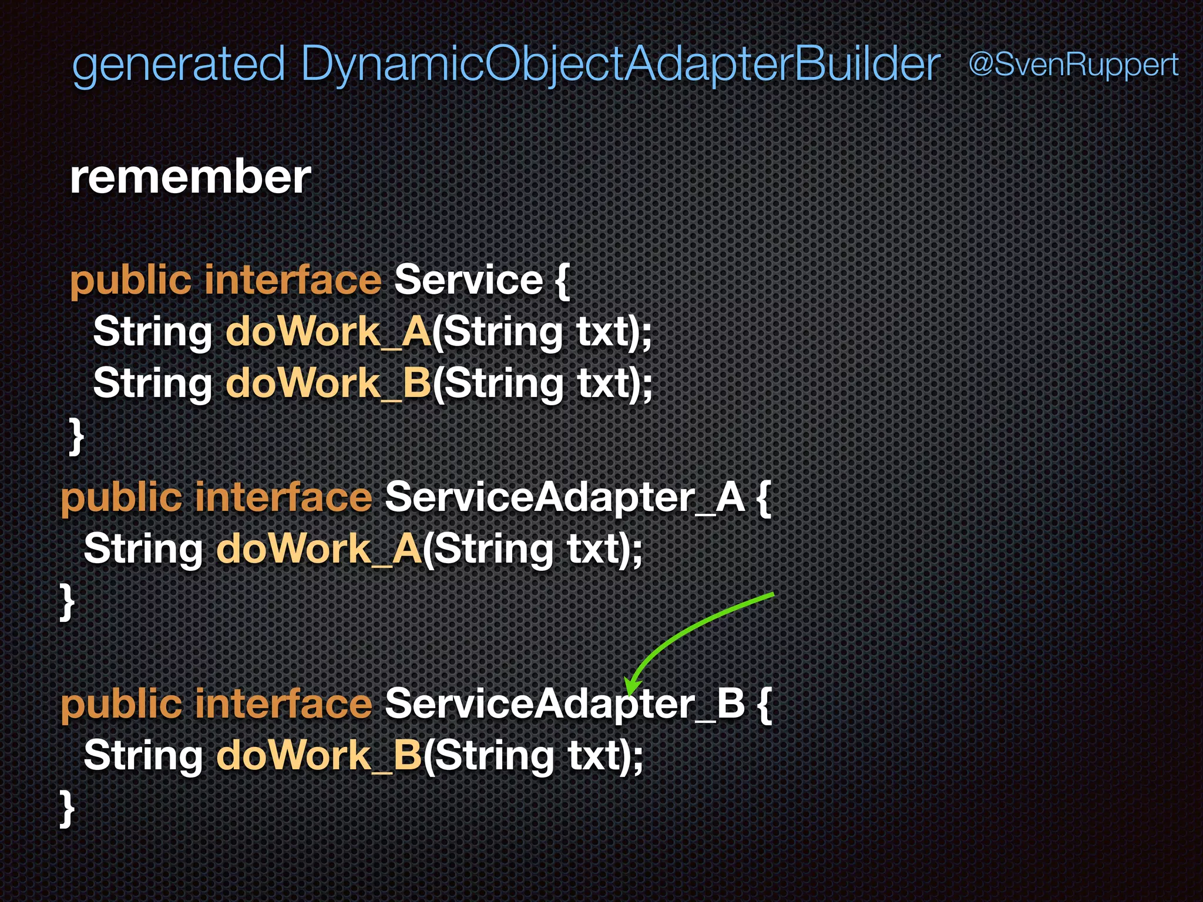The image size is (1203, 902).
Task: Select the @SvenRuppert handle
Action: pos(1073,64)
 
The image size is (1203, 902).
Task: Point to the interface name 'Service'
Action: pos(468,280)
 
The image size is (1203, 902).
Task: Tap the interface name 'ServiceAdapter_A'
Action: pos(564,497)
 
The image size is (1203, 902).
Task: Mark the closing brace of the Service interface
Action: pos(76,436)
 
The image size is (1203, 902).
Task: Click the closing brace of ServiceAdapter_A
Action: pos(68,601)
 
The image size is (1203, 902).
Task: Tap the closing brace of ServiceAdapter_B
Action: pos(68,808)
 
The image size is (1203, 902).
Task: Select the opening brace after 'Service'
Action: pos(562,281)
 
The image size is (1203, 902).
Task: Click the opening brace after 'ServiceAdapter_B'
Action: pos(764,704)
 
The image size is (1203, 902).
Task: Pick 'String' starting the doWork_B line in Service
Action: pos(152,383)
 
